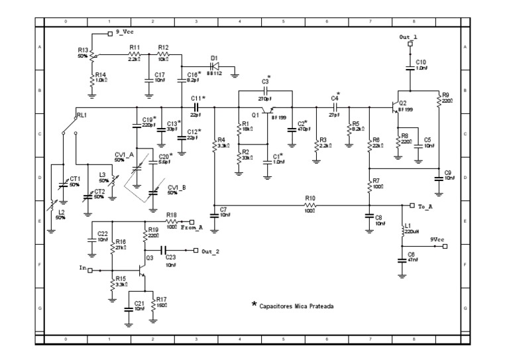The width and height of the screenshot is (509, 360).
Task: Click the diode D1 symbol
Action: click(216, 67)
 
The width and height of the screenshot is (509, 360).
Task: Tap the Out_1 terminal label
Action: click(409, 36)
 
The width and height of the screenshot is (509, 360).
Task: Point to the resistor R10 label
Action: click(310, 198)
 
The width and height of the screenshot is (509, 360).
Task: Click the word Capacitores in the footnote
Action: click(280, 306)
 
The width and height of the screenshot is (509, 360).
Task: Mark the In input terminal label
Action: click(83, 269)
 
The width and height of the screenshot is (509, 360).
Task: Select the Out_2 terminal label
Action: click(210, 251)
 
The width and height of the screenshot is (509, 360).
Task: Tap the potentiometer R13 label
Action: click(83, 50)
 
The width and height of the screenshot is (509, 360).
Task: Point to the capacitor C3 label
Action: click(265, 82)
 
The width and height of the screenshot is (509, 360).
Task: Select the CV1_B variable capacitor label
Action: click(176, 187)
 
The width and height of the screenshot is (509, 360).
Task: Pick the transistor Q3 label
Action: click(150, 257)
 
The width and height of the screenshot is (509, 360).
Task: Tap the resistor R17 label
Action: click(162, 299)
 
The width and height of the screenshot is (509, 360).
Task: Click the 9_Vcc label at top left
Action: click(127, 31)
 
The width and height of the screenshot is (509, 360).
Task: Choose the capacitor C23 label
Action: click(171, 257)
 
